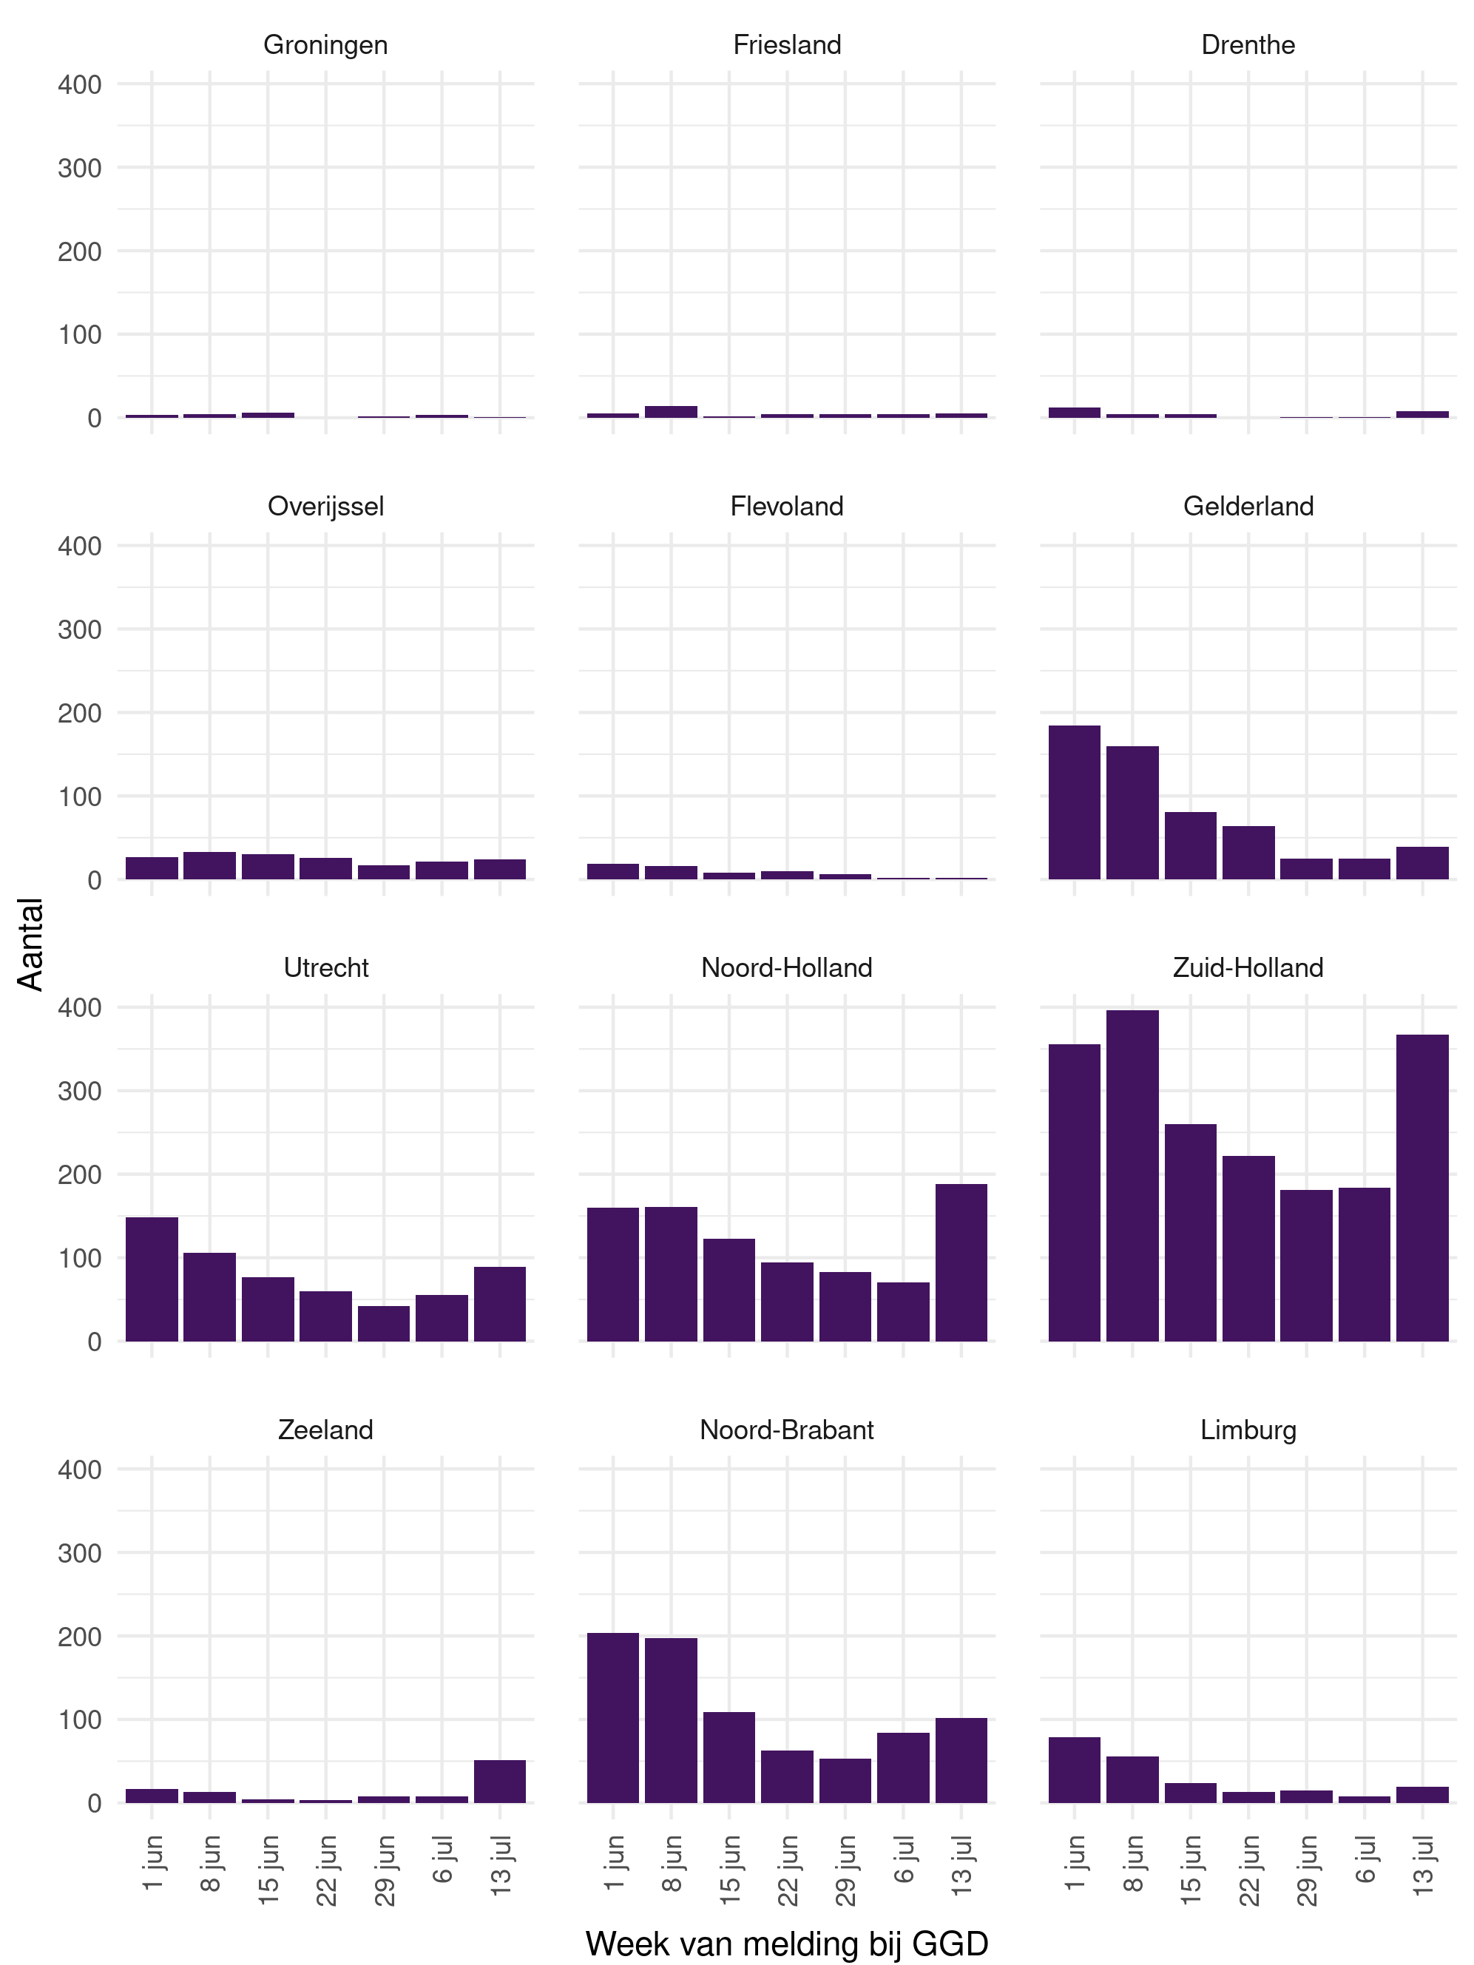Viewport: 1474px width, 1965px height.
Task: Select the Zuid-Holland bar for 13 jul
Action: pos(1421,1188)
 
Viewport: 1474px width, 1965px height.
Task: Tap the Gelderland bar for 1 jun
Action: pos(1074,802)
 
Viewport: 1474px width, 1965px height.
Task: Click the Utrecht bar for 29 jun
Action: pos(384,1323)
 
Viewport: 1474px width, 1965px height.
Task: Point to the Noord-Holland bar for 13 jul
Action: pos(961,1262)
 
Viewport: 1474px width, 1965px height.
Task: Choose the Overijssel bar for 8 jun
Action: pos(210,865)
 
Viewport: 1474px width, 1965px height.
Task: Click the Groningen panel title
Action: pos(325,44)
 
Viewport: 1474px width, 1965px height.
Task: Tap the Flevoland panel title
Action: pos(786,507)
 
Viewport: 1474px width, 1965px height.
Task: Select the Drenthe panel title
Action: pos(1248,44)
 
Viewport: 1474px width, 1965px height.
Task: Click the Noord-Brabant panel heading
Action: pos(786,1430)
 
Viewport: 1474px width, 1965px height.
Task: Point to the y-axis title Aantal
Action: pos(30,944)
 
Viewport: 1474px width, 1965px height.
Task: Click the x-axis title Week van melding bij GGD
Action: pos(786,1943)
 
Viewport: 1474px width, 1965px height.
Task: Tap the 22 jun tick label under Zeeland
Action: pos(327,1870)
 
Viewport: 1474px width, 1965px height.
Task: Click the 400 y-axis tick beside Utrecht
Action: pos(79,1007)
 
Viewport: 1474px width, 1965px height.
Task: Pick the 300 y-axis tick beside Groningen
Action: pos(79,168)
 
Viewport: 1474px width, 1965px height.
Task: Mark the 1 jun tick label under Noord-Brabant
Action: pos(614,1862)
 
